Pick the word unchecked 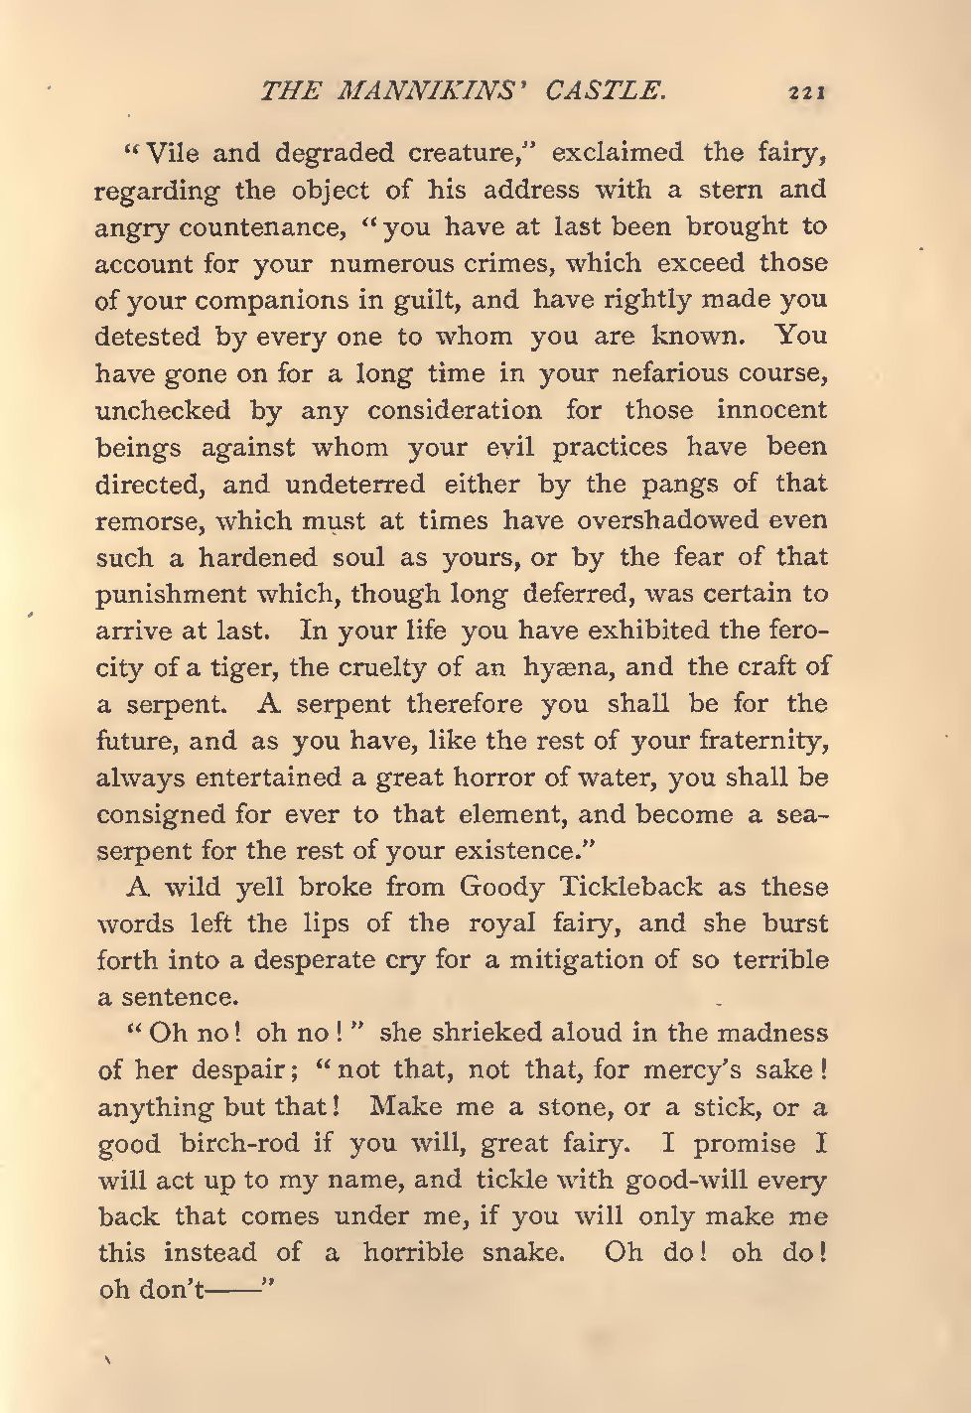163,410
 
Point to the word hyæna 557,668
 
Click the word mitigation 578,960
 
